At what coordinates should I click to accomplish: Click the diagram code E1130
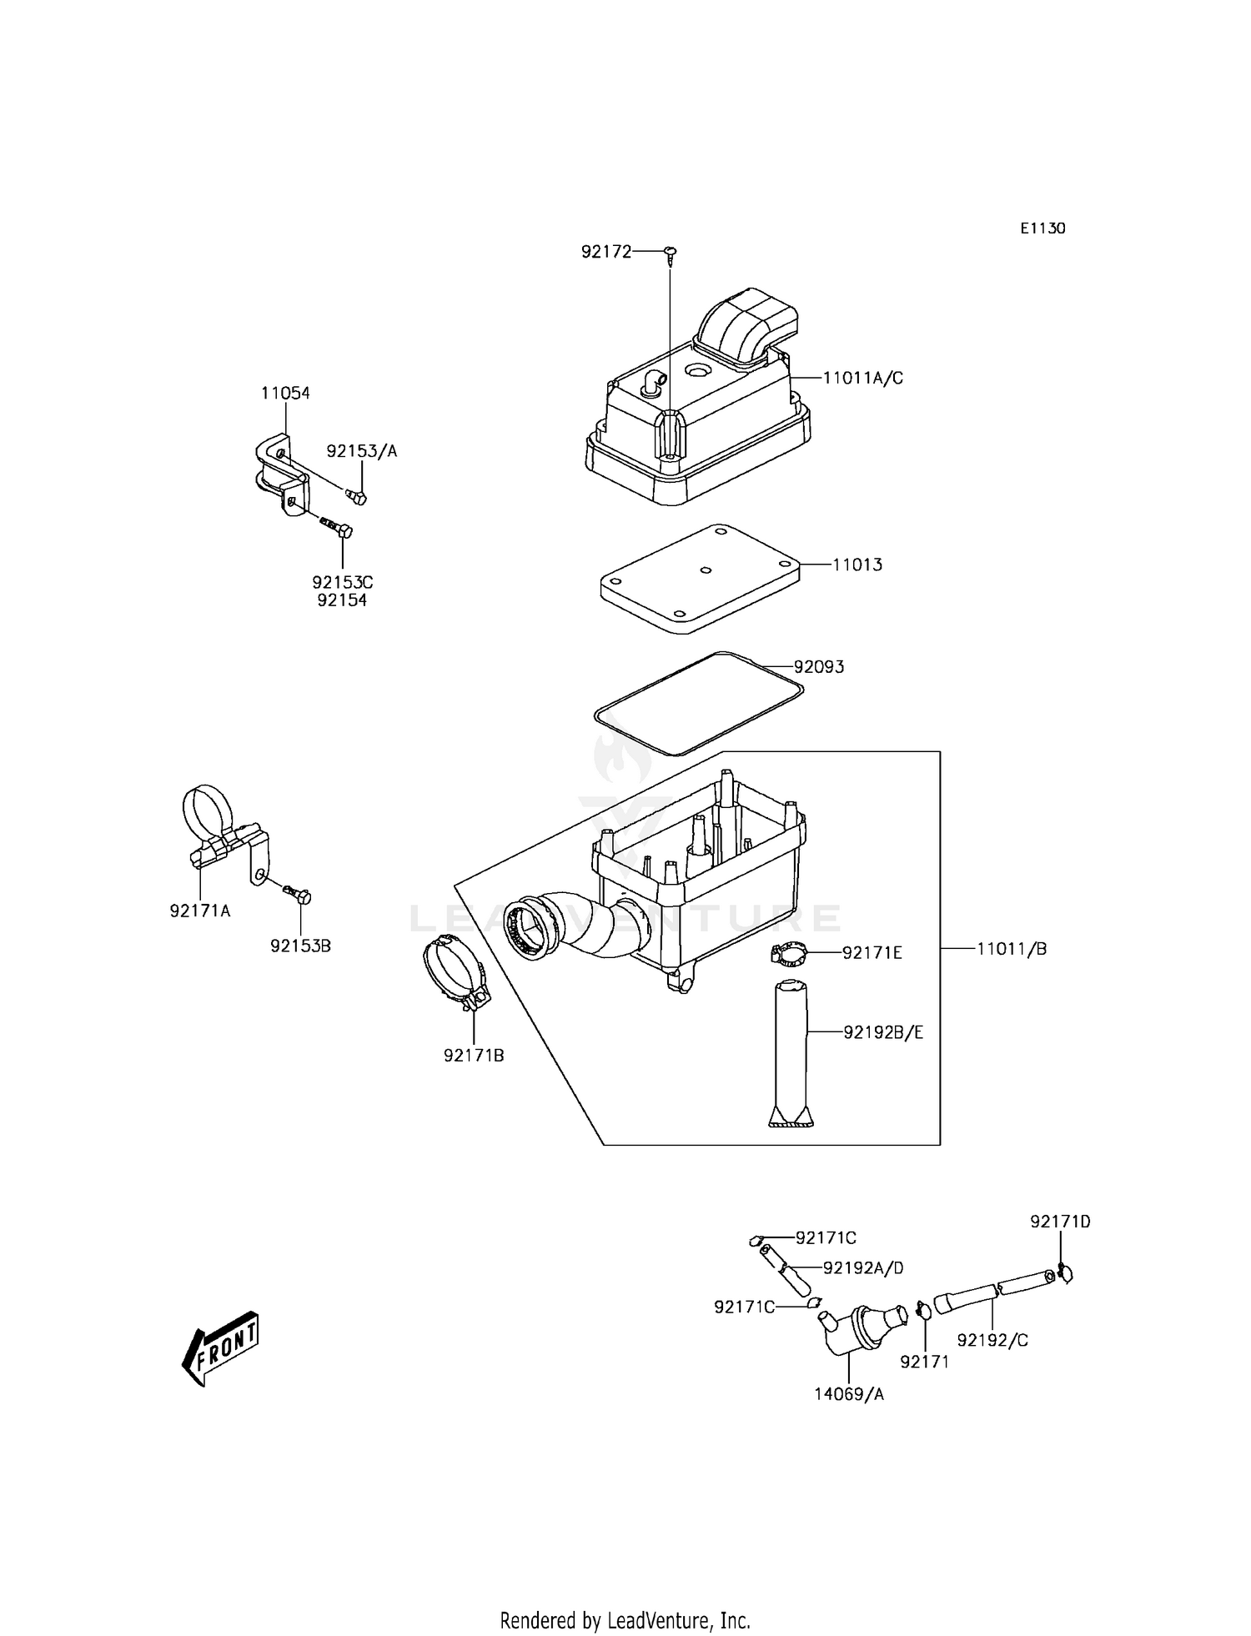coord(1042,228)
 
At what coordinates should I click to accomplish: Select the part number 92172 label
coord(606,250)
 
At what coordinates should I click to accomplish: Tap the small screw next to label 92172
coord(670,253)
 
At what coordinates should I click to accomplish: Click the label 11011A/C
coord(862,378)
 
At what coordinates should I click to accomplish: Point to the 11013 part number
coord(857,565)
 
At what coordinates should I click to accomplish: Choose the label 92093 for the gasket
coord(818,667)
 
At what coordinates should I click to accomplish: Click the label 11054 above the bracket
coord(285,393)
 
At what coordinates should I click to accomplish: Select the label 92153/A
coord(362,451)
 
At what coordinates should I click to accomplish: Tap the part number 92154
coord(342,600)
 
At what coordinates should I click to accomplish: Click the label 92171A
coord(200,911)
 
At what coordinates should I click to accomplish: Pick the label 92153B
coord(300,946)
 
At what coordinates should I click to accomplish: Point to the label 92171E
coord(872,952)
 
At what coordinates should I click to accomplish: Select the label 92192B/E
coord(883,1032)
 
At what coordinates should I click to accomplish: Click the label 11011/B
coord(1012,949)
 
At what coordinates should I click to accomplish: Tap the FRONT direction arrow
coord(221,1348)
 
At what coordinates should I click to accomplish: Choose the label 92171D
coord(1060,1222)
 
